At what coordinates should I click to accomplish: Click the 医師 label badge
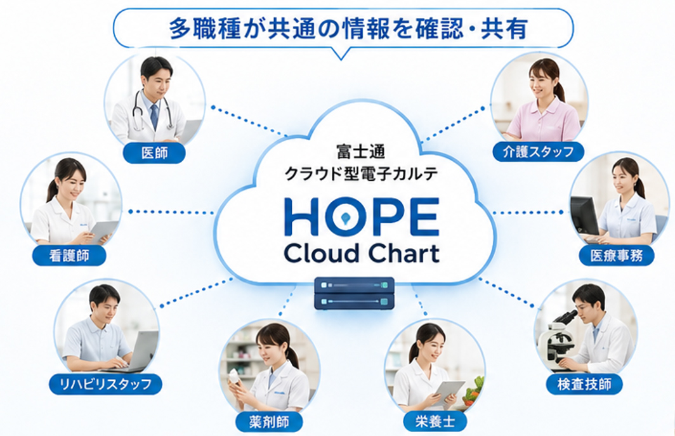(154, 153)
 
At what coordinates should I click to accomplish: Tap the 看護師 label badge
(69, 256)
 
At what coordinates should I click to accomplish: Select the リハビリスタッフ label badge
(105, 384)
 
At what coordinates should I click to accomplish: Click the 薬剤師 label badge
(269, 422)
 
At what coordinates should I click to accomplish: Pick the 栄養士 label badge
(435, 421)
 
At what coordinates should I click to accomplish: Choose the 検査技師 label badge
(584, 384)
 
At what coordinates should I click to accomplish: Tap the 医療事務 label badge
(617, 256)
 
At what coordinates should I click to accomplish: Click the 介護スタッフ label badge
(538, 152)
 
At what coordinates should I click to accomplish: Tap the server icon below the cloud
(354, 293)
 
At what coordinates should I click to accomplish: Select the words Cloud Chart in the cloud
(362, 254)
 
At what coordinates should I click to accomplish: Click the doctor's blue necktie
(154, 116)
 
